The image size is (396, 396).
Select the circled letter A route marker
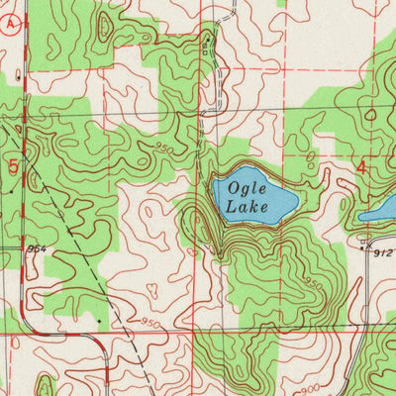coord(9,31)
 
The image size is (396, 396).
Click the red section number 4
coord(361,168)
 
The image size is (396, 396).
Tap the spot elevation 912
coord(384,253)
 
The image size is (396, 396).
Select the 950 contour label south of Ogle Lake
coord(313,283)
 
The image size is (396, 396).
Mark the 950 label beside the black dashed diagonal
coord(150,324)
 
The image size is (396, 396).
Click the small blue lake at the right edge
coord(380,210)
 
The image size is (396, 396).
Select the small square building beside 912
coord(363,242)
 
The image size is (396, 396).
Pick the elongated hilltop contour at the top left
coord(22,74)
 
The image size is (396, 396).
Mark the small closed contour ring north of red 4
coord(369,114)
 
